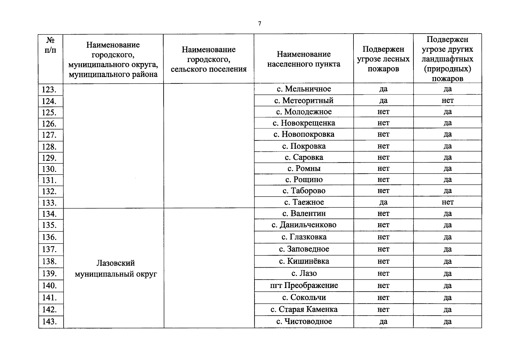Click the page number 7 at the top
[260, 24]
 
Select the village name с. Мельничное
[304, 89]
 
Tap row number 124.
[49, 101]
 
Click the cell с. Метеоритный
[304, 100]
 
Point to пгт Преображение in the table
[304, 285]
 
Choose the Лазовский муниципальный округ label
[116, 268]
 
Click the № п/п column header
[50, 45]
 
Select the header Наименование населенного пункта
[304, 59]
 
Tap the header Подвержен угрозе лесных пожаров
[383, 59]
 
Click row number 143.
[49, 322]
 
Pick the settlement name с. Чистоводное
[304, 322]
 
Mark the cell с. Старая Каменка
[304, 309]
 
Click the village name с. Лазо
[304, 273]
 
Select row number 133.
[49, 203]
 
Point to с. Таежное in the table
[304, 202]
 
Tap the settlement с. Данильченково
[304, 225]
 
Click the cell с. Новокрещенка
[304, 123]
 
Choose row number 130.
[49, 169]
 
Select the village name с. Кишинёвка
[304, 261]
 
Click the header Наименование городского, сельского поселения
[209, 59]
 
